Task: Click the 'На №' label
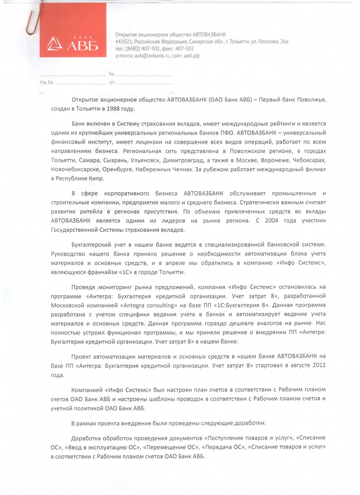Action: (46, 83)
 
